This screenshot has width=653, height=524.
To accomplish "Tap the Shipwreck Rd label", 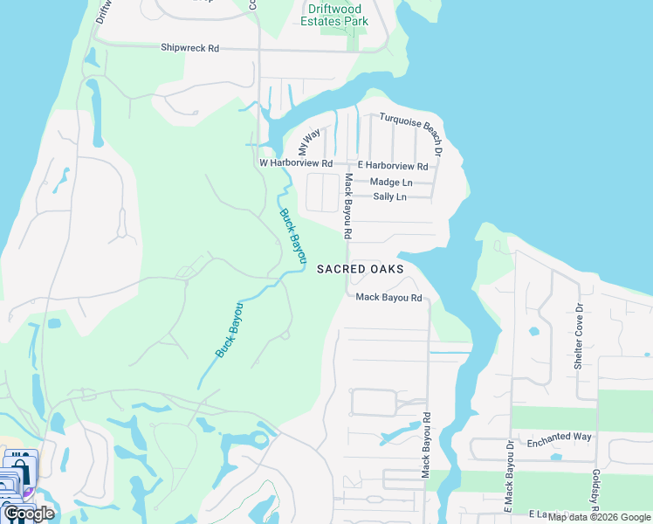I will [189, 48].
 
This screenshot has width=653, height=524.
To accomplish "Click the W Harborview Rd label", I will [296, 163].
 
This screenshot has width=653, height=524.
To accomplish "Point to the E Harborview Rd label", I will [393, 166].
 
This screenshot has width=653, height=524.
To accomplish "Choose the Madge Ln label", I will [391, 183].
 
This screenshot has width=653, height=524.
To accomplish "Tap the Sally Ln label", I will [389, 197].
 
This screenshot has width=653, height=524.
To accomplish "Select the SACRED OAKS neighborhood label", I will [360, 269].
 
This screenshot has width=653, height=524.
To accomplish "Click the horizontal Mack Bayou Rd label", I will [388, 298].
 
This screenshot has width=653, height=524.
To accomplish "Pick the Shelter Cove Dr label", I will [578, 337].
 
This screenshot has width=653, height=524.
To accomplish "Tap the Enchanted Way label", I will [560, 436].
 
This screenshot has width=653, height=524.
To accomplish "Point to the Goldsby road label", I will [595, 488].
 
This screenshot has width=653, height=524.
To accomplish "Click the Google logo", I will [29, 514].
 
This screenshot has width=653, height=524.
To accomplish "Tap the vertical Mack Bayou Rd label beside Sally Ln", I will [347, 207].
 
